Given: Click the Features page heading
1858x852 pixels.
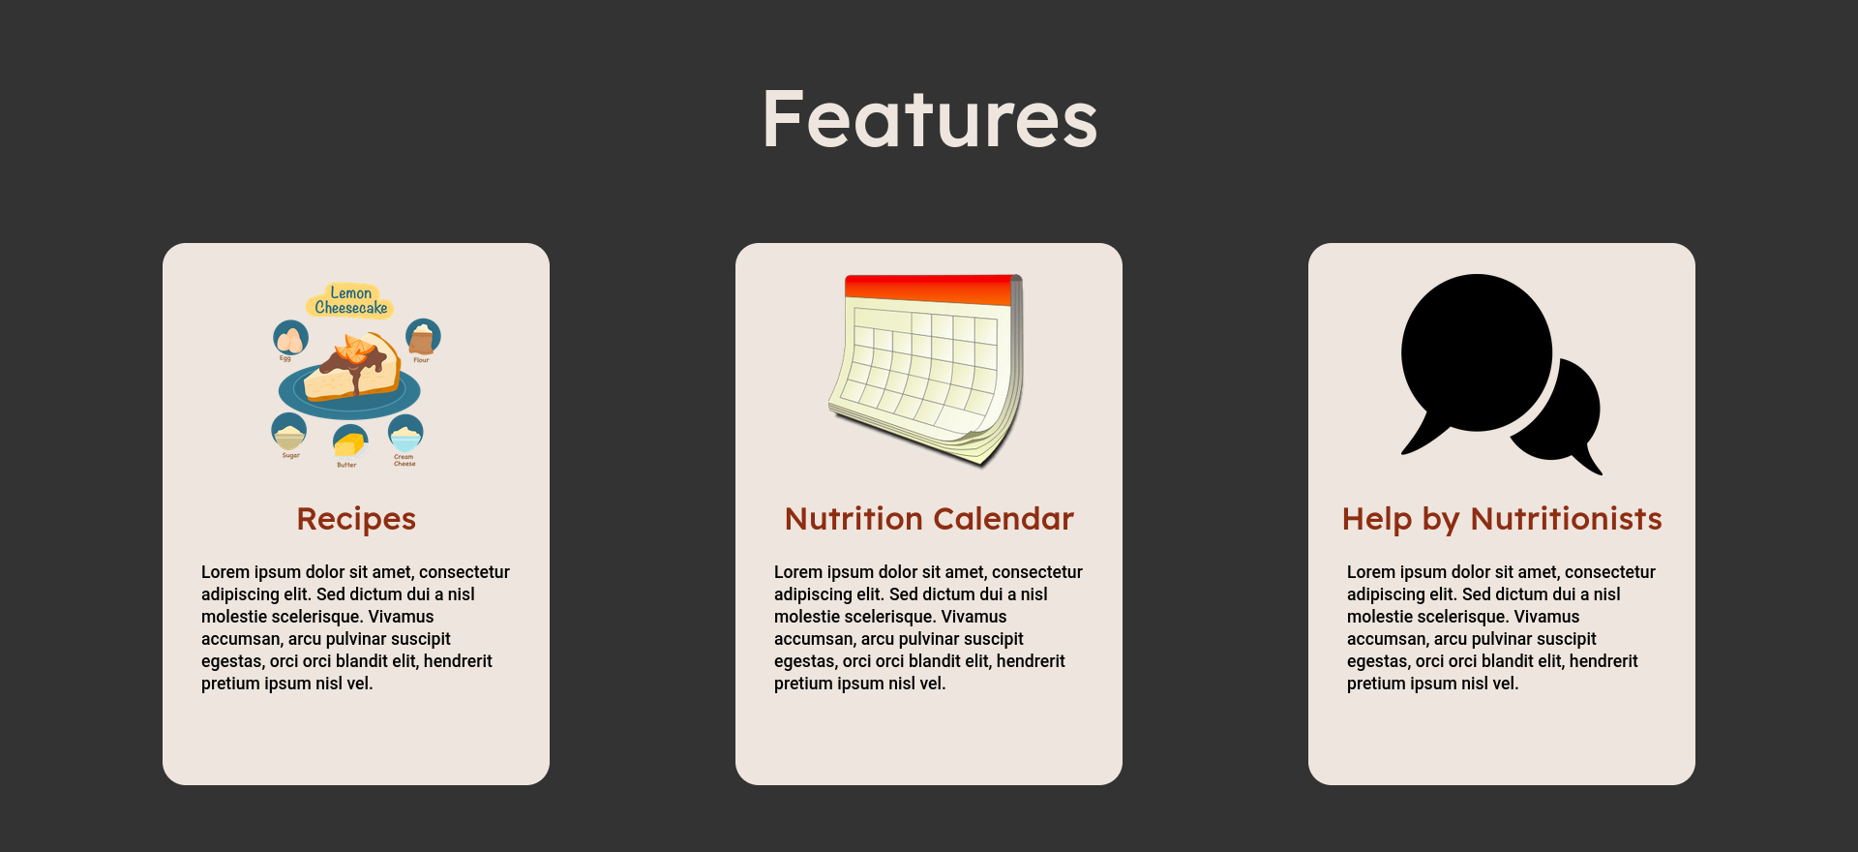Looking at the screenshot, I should (929, 119).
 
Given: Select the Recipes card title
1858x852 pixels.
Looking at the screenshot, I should (356, 519).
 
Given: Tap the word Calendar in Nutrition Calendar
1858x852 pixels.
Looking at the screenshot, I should (1004, 519).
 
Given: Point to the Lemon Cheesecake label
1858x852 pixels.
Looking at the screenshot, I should (350, 300).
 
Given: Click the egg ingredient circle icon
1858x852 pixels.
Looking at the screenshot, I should (290, 338).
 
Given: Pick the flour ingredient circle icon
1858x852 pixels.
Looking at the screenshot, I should (422, 337).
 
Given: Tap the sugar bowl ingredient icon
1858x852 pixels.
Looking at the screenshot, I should (289, 431).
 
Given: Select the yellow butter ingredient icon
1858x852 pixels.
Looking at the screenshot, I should (349, 441).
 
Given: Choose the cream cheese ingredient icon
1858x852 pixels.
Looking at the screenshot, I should (405, 432).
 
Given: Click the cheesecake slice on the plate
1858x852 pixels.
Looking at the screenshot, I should (355, 368).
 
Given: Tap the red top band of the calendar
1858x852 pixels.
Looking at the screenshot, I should (929, 288).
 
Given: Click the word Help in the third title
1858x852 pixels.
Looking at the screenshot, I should (1377, 519).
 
